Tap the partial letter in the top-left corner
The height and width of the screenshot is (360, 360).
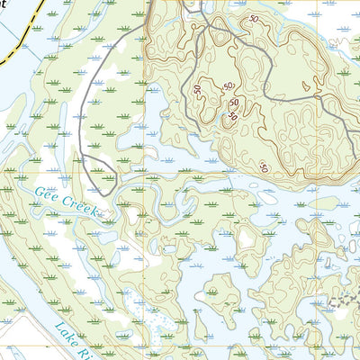[4, 4]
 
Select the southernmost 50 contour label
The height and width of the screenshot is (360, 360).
[264, 166]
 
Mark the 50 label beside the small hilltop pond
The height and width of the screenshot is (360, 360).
[232, 116]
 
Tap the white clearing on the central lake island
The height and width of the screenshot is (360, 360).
[244, 239]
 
